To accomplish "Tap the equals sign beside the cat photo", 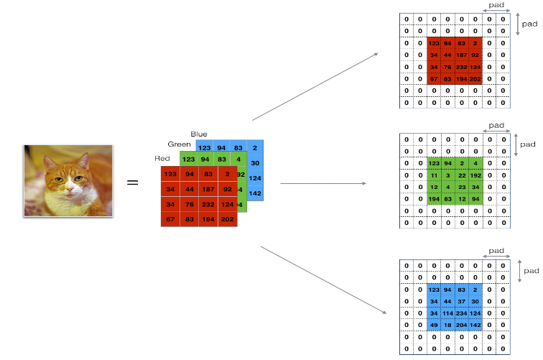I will click(133, 183).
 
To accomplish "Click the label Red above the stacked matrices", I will click(162, 158).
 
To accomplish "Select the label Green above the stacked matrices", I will click(179, 144).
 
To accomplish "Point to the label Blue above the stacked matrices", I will click(199, 134).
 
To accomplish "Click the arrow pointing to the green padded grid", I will click(322, 183).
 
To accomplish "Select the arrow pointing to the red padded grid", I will click(316, 85).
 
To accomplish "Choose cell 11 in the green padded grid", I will click(433, 175).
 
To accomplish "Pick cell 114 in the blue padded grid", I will click(448, 313).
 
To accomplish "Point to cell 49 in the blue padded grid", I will click(433, 325).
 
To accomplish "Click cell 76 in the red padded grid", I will click(448, 67).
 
